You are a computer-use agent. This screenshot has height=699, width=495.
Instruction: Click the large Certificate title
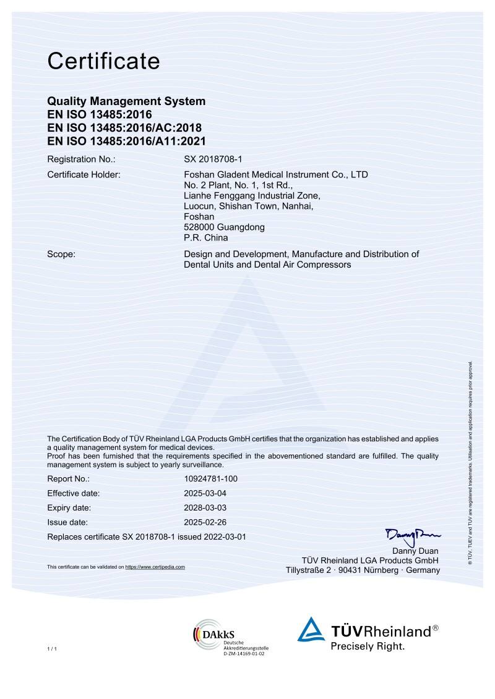(x=103, y=61)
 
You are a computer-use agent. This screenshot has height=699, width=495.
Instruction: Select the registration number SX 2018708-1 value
(x=213, y=159)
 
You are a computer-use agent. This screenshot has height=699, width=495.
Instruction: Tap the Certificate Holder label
(x=84, y=175)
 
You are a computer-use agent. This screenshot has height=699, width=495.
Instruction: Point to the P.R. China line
(x=206, y=237)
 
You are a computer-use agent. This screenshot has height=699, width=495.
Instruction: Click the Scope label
(x=61, y=254)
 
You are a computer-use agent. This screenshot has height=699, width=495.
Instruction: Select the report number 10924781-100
(x=211, y=479)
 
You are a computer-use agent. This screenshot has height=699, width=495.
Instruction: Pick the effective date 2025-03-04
(x=206, y=493)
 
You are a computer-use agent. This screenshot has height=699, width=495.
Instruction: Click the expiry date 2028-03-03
(x=206, y=508)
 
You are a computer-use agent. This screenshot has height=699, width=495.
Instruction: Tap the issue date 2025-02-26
(x=206, y=522)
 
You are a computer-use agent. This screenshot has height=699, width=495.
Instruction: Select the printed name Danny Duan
(x=416, y=551)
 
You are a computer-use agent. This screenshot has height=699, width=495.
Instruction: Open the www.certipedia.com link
(x=155, y=567)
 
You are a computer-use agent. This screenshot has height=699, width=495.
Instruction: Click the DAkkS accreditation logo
(x=210, y=634)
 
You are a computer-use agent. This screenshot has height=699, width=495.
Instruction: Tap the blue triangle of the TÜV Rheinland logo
(x=311, y=630)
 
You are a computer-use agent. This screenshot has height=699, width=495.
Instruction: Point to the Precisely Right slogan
(x=368, y=646)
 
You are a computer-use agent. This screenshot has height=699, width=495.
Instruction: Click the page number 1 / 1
(x=52, y=648)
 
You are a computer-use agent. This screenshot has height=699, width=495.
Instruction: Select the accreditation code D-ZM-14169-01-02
(x=244, y=653)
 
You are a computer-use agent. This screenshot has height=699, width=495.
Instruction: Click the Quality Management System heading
(x=126, y=101)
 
